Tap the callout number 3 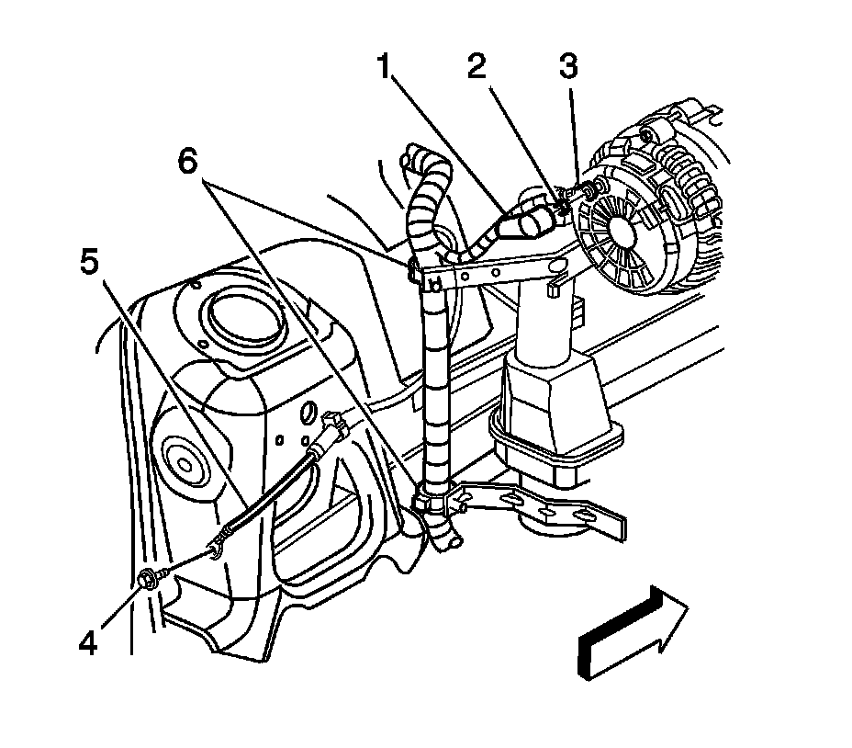(569, 67)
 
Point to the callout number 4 (88, 640)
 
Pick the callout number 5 (88, 264)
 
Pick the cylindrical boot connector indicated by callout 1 (528, 221)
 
